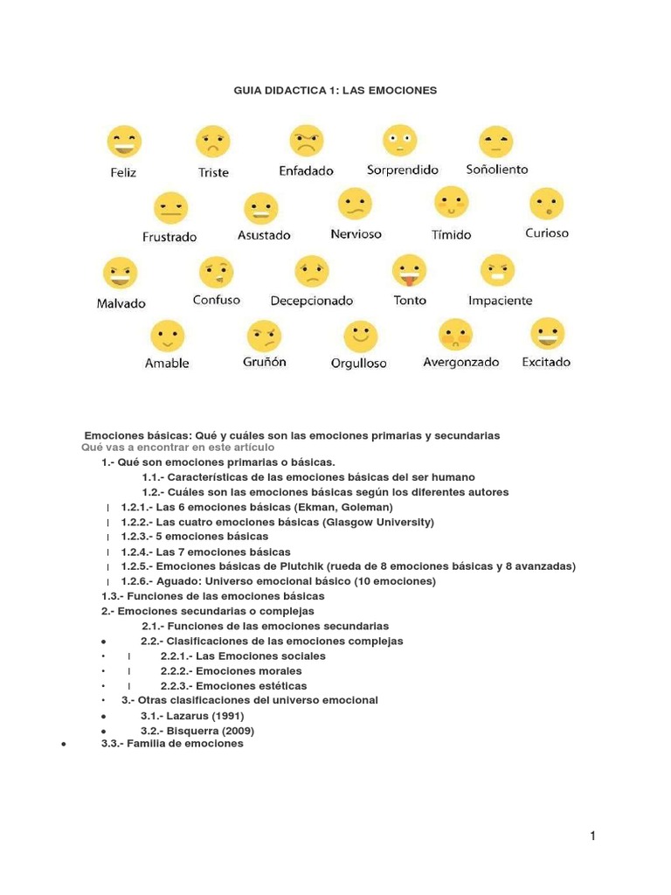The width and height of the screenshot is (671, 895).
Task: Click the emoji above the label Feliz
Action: click(123, 142)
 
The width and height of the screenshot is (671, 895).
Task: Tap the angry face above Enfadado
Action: click(306, 140)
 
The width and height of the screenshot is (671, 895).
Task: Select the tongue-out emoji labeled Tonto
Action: click(409, 270)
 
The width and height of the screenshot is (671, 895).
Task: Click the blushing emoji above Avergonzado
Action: click(455, 334)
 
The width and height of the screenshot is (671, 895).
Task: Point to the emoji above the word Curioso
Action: click(546, 205)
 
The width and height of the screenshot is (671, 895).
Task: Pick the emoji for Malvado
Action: click(121, 273)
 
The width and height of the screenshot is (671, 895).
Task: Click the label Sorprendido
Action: click(402, 170)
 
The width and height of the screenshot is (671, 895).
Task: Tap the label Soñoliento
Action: click(496, 170)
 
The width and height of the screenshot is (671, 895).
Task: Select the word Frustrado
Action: click(169, 237)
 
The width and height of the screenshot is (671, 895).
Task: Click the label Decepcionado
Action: click(311, 301)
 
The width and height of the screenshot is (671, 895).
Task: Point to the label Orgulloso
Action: click(358, 364)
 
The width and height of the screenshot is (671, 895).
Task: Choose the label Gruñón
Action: click(264, 362)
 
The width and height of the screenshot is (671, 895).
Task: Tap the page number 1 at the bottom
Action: click(592, 836)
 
